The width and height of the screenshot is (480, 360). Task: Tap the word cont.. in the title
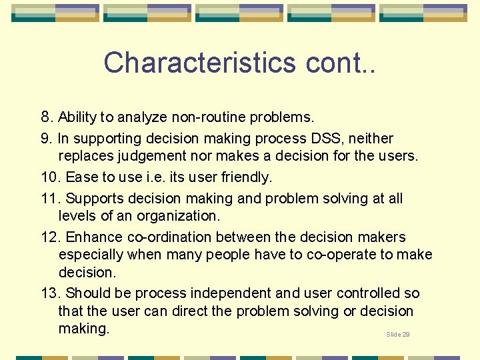(340, 63)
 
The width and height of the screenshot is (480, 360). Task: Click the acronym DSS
(327, 139)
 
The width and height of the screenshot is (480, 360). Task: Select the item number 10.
(51, 178)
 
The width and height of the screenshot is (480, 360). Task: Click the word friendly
(245, 178)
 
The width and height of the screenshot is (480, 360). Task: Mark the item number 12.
(51, 237)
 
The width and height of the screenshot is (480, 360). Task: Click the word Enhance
(93, 237)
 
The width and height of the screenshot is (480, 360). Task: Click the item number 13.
(51, 293)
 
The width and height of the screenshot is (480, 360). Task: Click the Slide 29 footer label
(398, 334)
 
